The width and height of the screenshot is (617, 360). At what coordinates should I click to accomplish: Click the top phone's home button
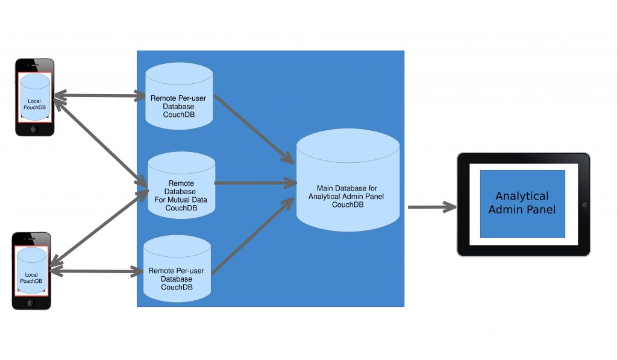coord(34,129)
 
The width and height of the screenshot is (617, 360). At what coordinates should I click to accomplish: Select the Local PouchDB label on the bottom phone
coord(31,277)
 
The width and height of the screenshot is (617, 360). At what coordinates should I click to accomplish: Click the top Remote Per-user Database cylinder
coord(179,96)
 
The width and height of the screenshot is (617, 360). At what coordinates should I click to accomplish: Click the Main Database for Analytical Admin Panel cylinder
coord(348,181)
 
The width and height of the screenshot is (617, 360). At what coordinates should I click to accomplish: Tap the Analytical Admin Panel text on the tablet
coord(522,203)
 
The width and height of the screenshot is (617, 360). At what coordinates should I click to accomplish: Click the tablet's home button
coord(584,204)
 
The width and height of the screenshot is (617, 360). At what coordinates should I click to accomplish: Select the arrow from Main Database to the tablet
coord(431,207)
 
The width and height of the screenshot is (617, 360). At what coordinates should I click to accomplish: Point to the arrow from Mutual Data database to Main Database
coord(253,182)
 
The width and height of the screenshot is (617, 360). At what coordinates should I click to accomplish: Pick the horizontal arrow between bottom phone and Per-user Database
coord(96,271)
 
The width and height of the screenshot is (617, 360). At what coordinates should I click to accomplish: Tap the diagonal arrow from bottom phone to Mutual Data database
coord(99,226)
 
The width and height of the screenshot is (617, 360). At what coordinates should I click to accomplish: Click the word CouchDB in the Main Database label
coord(348,204)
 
